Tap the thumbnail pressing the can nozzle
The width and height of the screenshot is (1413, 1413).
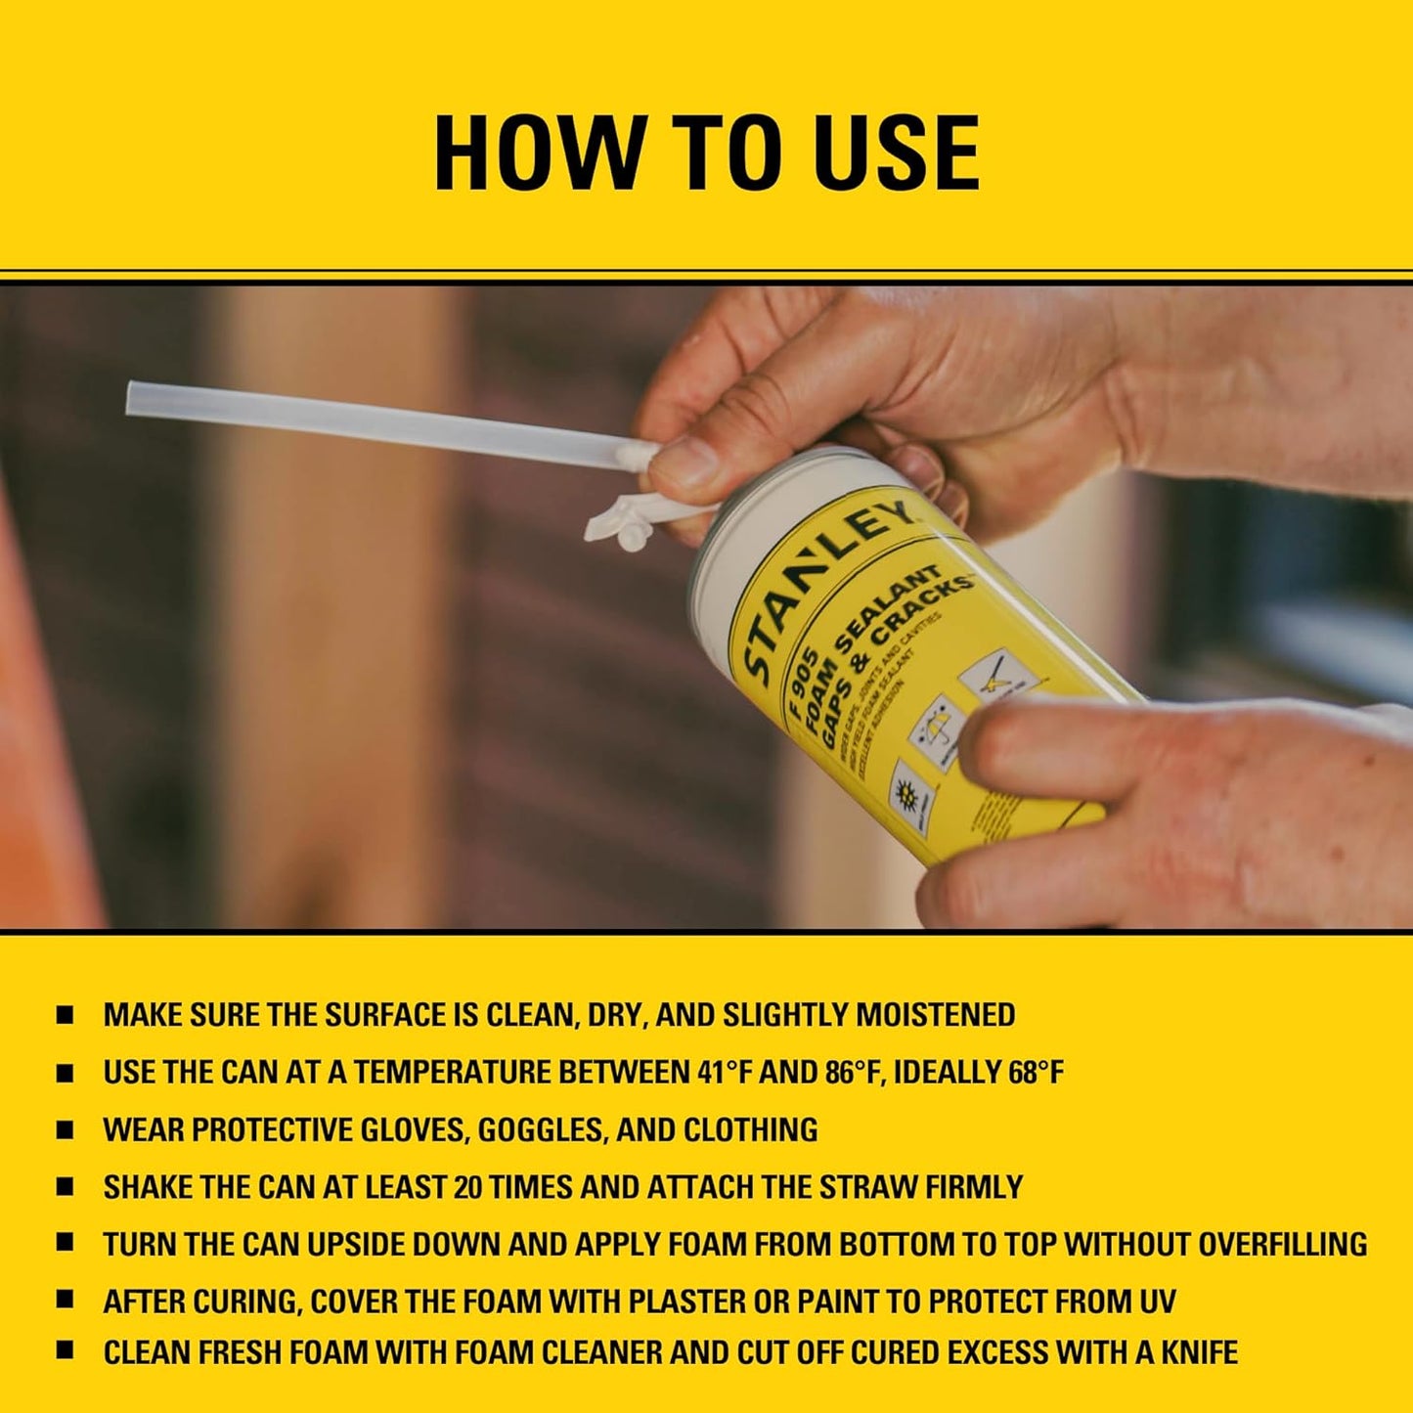click(684, 460)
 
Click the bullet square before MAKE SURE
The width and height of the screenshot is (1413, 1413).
click(65, 1015)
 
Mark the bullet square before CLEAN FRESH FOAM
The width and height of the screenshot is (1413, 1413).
click(65, 1351)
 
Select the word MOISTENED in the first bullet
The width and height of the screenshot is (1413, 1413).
click(936, 1015)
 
